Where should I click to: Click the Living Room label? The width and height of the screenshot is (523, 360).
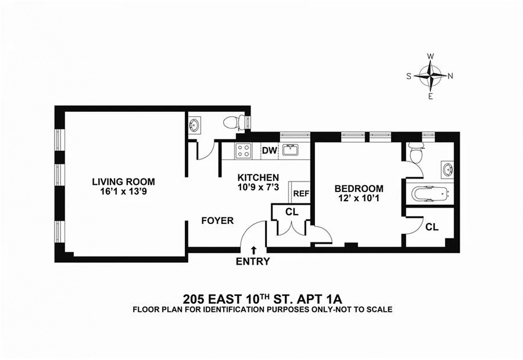(x=123, y=182)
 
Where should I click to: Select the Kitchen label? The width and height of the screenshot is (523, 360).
(x=258, y=177)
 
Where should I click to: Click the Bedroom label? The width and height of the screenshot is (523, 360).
(x=358, y=189)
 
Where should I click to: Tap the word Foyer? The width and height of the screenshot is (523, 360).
(x=217, y=220)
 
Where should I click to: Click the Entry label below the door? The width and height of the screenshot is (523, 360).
(x=253, y=261)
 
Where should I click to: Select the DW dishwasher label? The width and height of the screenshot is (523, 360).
(x=270, y=150)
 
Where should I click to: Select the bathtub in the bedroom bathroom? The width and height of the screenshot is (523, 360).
(x=430, y=194)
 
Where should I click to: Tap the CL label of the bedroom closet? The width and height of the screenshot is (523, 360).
(x=432, y=227)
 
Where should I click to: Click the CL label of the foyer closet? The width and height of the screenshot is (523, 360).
(x=292, y=212)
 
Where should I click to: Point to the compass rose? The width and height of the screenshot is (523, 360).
(x=430, y=76)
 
